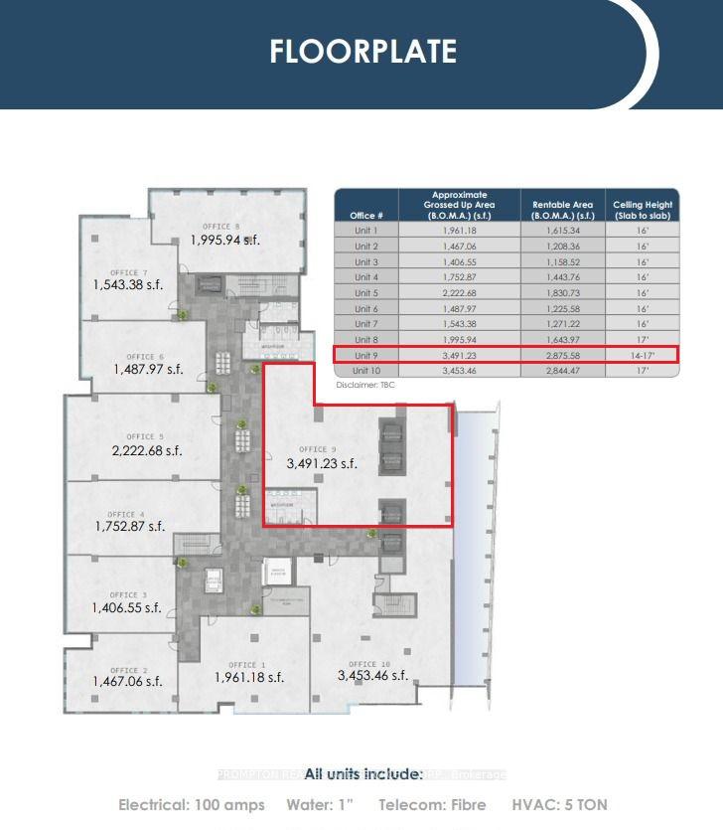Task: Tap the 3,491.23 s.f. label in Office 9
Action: (321, 463)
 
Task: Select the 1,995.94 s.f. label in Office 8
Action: (225, 240)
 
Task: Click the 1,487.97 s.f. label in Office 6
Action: (146, 370)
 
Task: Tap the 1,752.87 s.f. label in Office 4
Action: (130, 527)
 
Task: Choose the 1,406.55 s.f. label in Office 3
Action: (126, 607)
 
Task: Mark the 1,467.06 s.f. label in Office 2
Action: (126, 682)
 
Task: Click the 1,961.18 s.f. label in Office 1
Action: (249, 678)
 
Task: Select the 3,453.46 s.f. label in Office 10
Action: (372, 676)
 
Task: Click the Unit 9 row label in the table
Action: (365, 354)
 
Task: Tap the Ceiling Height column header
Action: (643, 210)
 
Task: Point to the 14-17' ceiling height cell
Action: (643, 354)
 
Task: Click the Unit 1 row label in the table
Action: (365, 230)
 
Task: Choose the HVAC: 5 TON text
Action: (559, 804)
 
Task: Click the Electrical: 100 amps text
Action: (192, 804)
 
